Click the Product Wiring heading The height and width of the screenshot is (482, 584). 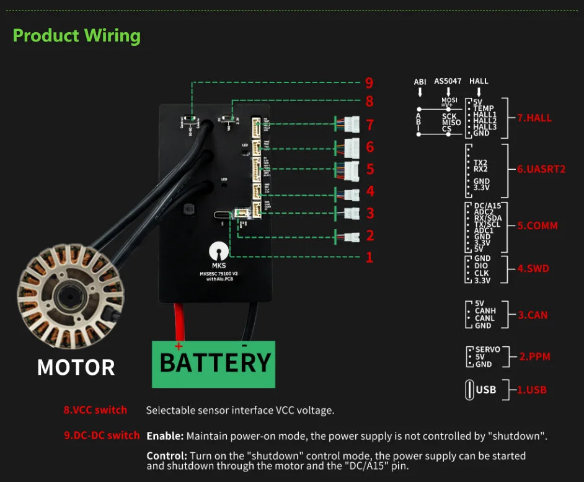click(77, 35)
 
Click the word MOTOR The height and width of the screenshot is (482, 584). click(76, 367)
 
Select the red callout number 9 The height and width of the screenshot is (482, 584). click(369, 83)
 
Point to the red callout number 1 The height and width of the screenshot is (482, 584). click(369, 257)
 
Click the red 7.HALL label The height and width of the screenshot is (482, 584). click(534, 118)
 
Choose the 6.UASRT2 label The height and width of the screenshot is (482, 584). click(541, 169)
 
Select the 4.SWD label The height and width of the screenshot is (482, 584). click(533, 269)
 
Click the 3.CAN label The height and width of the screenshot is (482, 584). click(533, 315)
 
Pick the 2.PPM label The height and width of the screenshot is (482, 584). click(534, 356)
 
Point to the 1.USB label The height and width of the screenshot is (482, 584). click(531, 390)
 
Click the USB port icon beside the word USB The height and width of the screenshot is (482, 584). click(469, 390)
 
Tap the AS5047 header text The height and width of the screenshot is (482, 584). click(448, 81)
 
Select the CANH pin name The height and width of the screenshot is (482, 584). click(484, 311)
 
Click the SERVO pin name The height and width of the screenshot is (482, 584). click(487, 349)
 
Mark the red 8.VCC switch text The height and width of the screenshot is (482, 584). click(95, 410)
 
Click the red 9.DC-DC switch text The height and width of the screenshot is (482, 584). click(102, 435)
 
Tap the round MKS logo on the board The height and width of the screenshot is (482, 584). click(217, 252)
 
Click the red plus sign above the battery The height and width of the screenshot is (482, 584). click(179, 346)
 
